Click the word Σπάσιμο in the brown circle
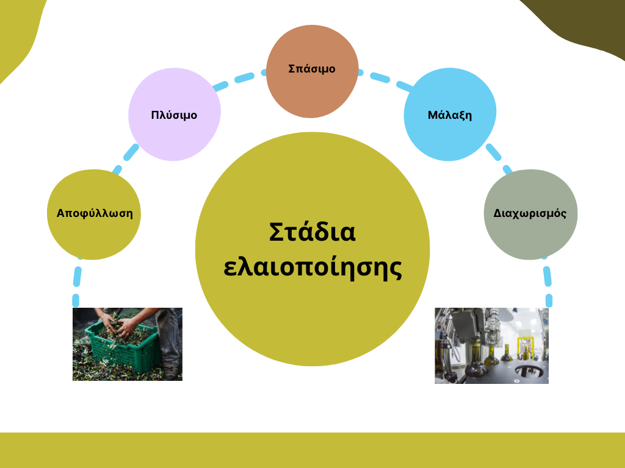coord(312,69)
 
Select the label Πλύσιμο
coord(174,115)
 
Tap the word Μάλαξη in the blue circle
coord(450,115)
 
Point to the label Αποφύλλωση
coord(95,213)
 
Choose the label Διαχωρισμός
coord(530,213)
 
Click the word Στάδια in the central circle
coord(312,232)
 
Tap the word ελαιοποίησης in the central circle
coord(312,268)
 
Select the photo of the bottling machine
coord(491,346)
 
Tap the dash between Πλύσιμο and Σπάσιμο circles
coord(244,77)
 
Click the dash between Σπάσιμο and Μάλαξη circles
coord(381,77)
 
